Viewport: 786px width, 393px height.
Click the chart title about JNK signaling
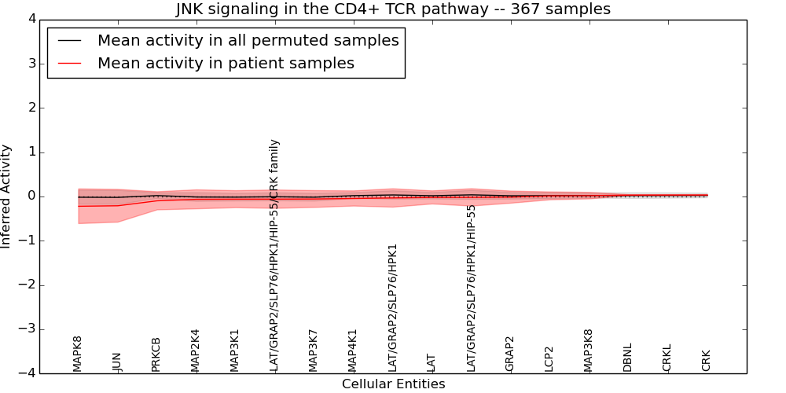393,9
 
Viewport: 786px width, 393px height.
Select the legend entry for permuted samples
248,41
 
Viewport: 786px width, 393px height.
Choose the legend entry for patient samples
226,64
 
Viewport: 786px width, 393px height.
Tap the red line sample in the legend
69,64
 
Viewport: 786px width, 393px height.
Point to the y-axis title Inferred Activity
6,196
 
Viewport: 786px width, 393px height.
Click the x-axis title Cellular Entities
393,384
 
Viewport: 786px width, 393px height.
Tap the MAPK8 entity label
78,354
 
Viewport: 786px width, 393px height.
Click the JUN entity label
117,362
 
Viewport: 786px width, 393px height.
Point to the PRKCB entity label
156,354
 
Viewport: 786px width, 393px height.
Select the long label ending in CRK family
274,255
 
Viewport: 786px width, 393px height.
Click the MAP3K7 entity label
314,351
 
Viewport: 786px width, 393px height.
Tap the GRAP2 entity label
510,354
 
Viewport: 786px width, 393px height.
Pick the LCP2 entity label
549,358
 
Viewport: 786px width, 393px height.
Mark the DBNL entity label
628,358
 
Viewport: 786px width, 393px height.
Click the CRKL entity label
667,358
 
